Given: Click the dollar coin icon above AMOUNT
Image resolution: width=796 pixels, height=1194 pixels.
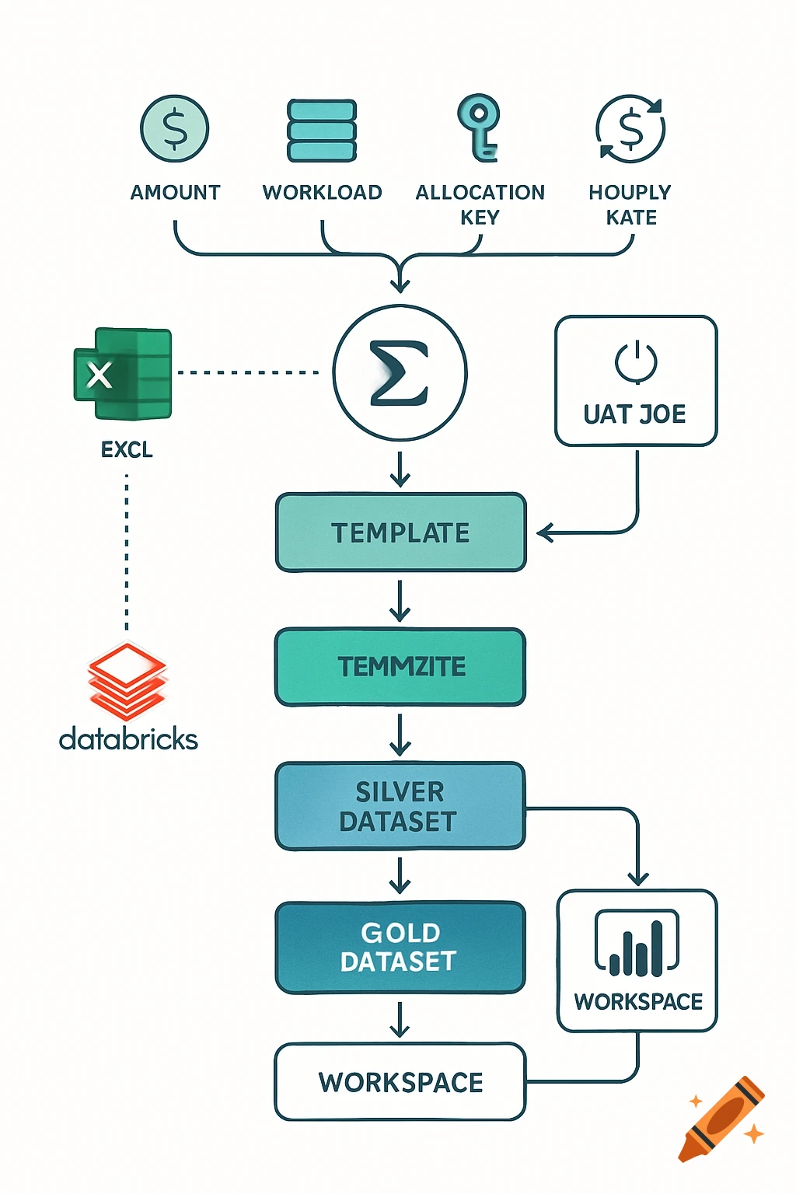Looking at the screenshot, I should pyautogui.click(x=175, y=128).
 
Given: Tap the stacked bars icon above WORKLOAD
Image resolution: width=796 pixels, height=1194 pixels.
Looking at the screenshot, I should pyautogui.click(x=322, y=130).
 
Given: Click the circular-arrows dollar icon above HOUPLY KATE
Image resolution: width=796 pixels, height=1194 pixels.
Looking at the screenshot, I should pyautogui.click(x=630, y=129).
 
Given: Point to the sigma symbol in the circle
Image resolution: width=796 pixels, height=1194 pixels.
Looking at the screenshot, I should pyautogui.click(x=400, y=374).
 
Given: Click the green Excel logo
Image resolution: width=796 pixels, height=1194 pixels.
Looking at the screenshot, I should pyautogui.click(x=124, y=374).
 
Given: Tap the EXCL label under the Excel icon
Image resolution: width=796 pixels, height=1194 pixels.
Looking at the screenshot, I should pyautogui.click(x=127, y=449).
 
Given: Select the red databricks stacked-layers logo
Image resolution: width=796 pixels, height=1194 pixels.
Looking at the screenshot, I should pyautogui.click(x=127, y=680).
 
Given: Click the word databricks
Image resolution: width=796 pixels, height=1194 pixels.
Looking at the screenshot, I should pyautogui.click(x=128, y=738).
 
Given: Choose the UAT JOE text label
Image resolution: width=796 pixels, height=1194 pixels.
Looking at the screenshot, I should pyautogui.click(x=635, y=414).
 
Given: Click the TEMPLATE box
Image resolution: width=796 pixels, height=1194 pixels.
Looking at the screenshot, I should pyautogui.click(x=400, y=532).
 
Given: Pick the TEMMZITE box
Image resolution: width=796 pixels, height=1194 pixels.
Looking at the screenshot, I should pyautogui.click(x=400, y=667).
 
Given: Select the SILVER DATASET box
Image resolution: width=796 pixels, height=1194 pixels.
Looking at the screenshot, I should pyautogui.click(x=400, y=806).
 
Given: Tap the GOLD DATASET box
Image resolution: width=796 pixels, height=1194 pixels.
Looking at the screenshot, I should pyautogui.click(x=400, y=947).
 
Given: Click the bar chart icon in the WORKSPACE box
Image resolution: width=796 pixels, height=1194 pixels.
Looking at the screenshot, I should pyautogui.click(x=637, y=944).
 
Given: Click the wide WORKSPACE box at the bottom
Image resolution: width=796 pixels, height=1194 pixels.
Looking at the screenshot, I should pyautogui.click(x=400, y=1082).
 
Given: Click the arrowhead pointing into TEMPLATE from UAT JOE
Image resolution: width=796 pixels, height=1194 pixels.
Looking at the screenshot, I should pyautogui.click(x=543, y=533).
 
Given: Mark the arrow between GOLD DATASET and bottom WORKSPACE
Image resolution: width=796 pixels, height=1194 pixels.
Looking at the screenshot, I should pyautogui.click(x=400, y=1020).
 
